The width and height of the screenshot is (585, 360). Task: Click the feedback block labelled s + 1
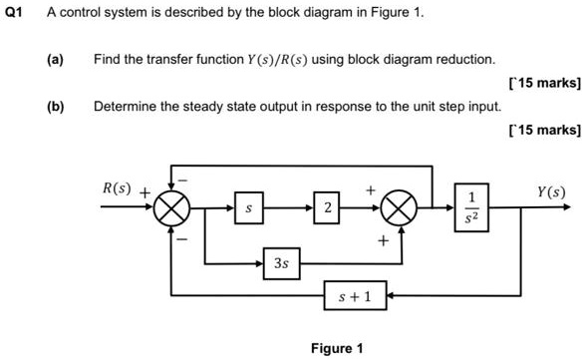click(x=355, y=296)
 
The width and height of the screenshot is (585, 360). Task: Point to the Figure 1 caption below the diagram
click(x=337, y=348)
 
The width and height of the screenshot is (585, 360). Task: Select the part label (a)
click(x=55, y=60)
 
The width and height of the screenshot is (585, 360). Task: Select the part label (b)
click(x=55, y=105)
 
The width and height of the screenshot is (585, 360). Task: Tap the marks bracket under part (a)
click(x=543, y=83)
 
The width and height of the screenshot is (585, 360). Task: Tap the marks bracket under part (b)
click(x=543, y=129)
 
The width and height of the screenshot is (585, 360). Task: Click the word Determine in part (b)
click(x=125, y=105)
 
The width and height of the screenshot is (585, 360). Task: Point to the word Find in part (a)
click(x=107, y=60)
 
